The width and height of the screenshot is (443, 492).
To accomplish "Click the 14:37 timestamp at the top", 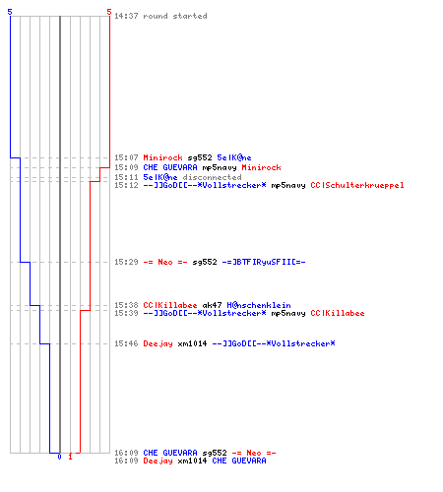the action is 126,16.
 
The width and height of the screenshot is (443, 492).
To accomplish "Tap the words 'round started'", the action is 175,16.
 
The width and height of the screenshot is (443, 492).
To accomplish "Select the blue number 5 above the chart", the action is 10,12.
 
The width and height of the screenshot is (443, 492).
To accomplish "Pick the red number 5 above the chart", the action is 109,12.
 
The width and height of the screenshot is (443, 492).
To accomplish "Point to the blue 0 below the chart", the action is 59,457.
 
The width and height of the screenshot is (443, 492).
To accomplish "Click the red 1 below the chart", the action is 70,457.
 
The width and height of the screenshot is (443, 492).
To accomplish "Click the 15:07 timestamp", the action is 126,157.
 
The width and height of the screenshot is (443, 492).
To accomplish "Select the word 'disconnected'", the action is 212,177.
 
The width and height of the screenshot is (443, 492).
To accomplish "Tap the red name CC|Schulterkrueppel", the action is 357,185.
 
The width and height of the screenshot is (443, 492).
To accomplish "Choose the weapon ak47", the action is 212,305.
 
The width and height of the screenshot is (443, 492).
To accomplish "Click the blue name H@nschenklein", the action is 259,305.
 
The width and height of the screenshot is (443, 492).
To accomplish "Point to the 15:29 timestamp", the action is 126,262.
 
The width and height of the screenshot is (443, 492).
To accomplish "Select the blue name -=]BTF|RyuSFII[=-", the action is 264,262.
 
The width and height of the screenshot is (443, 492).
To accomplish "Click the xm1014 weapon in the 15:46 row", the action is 192,343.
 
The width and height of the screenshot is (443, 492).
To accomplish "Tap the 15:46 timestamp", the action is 126,343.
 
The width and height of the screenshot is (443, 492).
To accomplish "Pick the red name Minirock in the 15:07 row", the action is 162,157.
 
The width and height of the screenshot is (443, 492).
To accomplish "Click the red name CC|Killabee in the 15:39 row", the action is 338,313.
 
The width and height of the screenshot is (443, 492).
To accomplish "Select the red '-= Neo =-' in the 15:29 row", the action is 165,262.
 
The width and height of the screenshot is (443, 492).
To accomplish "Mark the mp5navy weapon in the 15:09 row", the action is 220,167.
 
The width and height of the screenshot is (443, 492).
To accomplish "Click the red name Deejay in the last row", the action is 158,461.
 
